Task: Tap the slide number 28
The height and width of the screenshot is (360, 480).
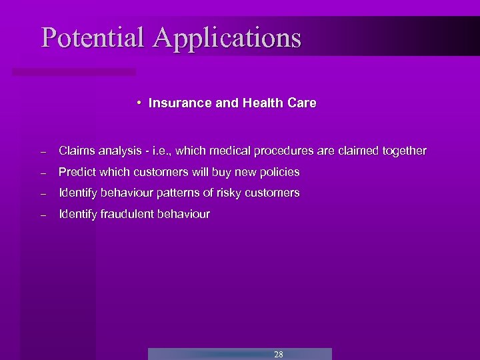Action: click(x=279, y=354)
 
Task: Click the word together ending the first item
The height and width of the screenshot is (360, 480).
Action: click(x=404, y=151)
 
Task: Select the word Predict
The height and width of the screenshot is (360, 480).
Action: click(x=77, y=172)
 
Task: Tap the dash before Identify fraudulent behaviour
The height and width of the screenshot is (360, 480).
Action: click(x=42, y=216)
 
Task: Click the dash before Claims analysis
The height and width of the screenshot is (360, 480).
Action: click(x=42, y=152)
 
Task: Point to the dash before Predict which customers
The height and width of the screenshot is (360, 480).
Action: click(x=42, y=173)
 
